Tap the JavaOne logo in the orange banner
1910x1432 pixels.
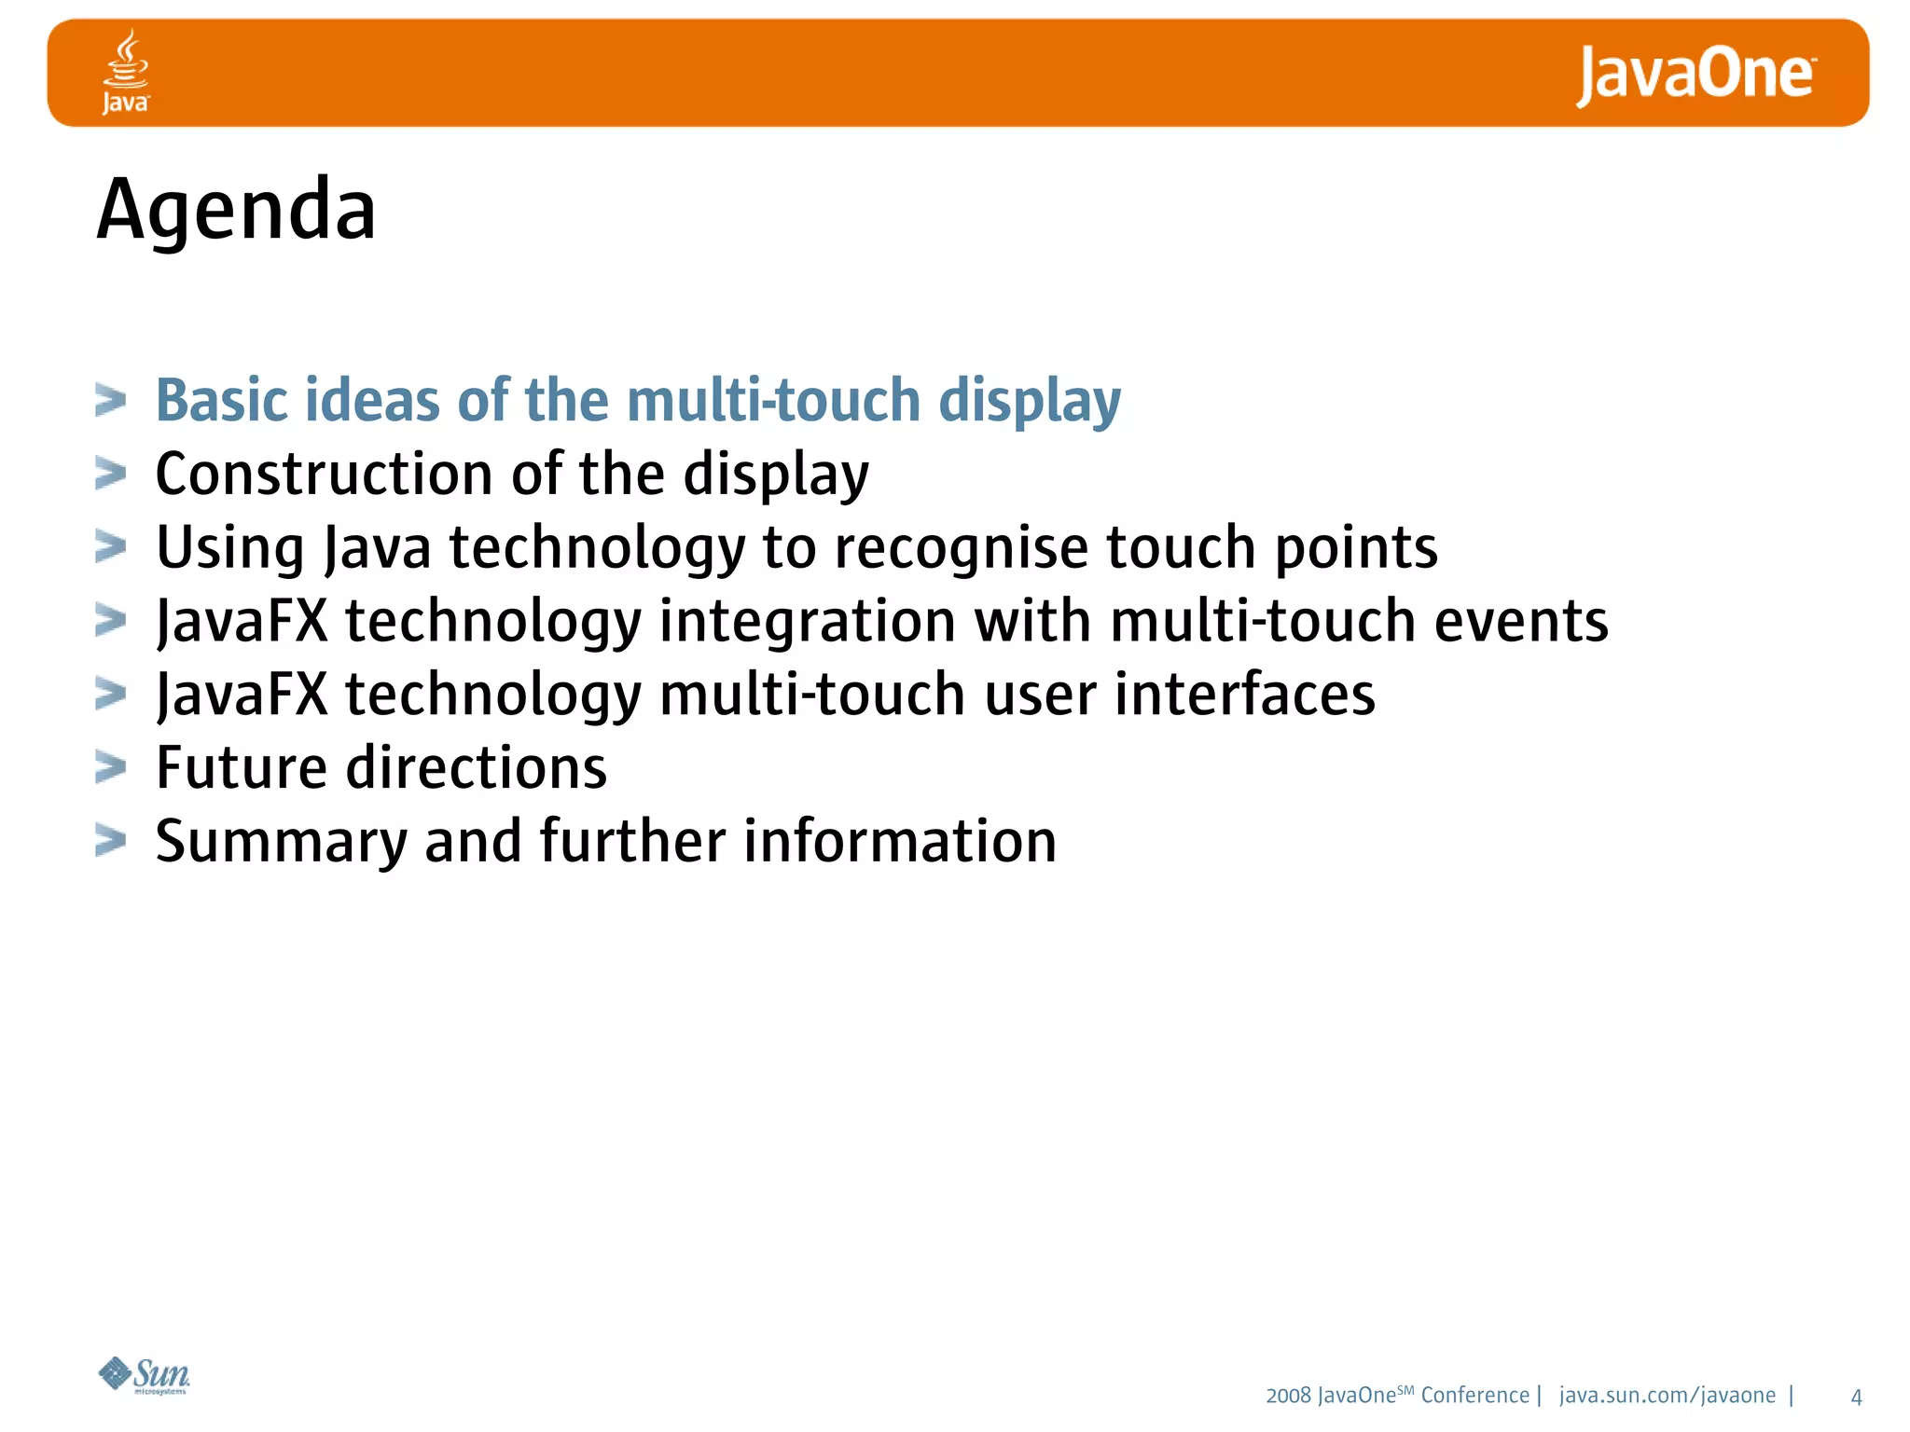pos(1695,75)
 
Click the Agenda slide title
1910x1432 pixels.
pos(237,210)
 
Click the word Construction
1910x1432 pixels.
pos(324,474)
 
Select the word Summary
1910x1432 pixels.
pos(281,842)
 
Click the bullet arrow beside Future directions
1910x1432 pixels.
pos(110,767)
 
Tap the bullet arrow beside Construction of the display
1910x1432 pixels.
pos(110,474)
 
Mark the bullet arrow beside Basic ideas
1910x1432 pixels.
pos(110,400)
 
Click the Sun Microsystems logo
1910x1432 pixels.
pos(145,1375)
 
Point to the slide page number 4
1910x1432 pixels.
pos(1856,1397)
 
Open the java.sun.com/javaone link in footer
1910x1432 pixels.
pos(1668,1396)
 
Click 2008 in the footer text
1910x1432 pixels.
pos(1288,1396)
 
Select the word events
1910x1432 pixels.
pos(1521,621)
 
